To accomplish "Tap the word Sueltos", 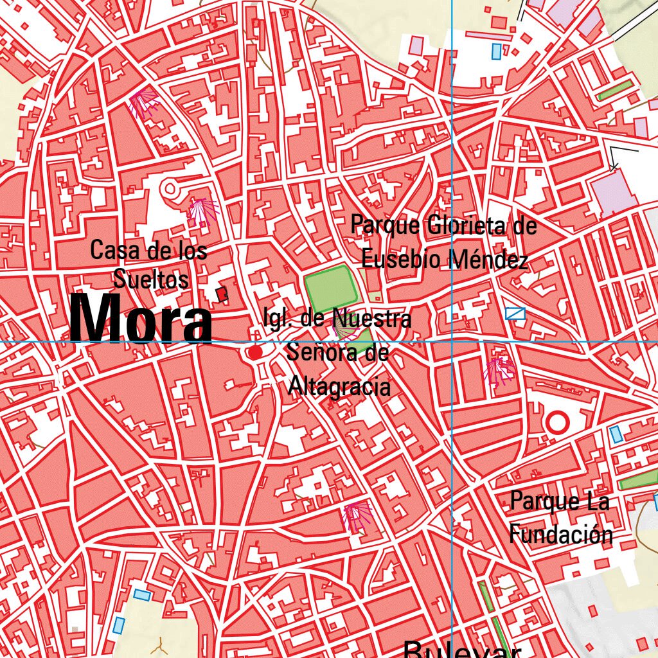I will [x=152, y=280].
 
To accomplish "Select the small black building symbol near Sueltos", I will [x=222, y=294].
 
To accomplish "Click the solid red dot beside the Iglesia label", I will [x=256, y=353].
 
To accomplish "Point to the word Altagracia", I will [x=339, y=386].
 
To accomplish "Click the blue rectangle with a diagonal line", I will [x=515, y=314].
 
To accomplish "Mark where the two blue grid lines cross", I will [x=452, y=341].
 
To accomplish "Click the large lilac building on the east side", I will [x=614, y=191].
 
